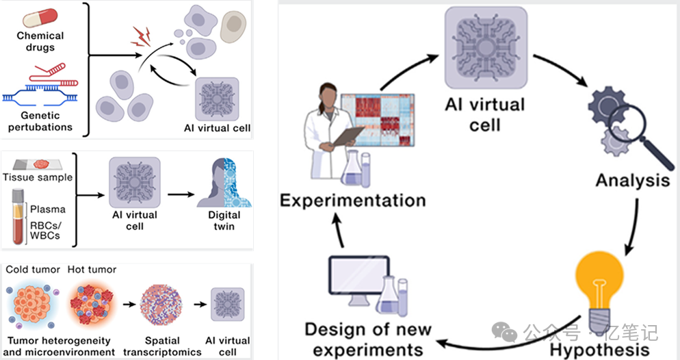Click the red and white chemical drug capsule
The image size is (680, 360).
(40, 18)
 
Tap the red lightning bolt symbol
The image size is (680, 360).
(141, 36)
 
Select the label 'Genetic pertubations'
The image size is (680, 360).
(40, 121)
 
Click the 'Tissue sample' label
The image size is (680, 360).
(38, 177)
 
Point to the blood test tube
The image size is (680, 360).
(18, 216)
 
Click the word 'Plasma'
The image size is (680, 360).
(48, 209)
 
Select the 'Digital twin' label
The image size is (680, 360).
(224, 220)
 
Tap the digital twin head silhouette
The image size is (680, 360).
(224, 183)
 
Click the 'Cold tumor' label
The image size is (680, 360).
(33, 270)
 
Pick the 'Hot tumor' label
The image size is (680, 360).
(92, 270)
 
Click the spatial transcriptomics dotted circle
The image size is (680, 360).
(161, 305)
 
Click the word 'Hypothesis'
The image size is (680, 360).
(600, 350)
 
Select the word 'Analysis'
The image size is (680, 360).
(633, 180)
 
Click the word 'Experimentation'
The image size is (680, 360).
(352, 200)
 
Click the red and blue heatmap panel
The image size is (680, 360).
(378, 120)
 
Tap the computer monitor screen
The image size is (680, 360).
(358, 275)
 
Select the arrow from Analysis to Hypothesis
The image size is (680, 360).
(634, 227)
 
